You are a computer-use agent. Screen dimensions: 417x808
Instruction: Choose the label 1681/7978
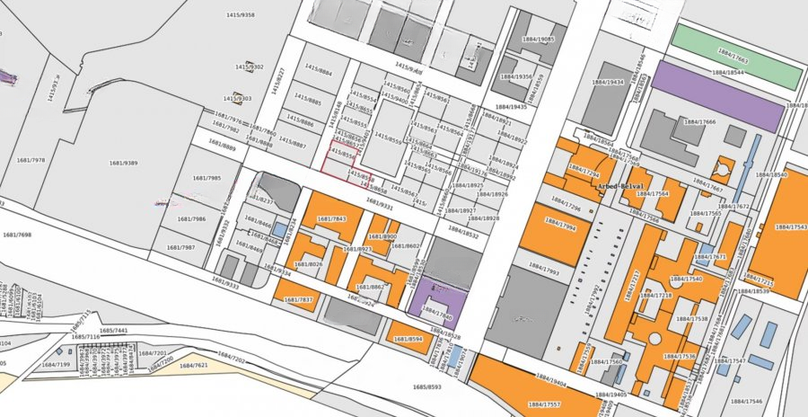coord(31,160)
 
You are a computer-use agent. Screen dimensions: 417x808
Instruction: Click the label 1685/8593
coord(427,386)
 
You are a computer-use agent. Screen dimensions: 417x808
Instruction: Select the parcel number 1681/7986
coord(191,218)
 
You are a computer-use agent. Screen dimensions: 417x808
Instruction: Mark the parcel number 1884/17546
coord(747,401)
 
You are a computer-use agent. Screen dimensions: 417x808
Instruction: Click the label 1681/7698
coord(16,235)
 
